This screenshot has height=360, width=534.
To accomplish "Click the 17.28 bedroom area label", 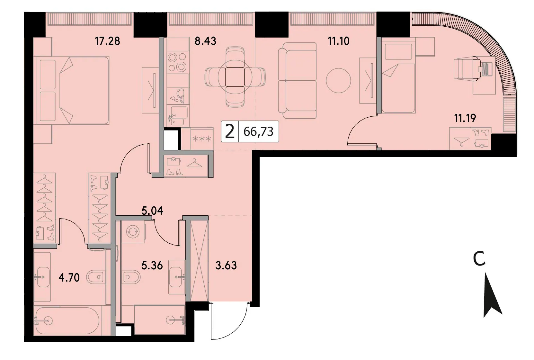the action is pos(108,41).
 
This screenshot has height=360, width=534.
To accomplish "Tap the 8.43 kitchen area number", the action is pos(205,41).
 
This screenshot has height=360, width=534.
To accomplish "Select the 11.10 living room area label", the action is pos(339,41).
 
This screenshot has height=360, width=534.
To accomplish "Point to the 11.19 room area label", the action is pos(465,118).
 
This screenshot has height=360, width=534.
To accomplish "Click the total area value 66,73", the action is pos(258,131).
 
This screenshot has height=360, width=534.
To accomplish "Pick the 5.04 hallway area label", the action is pos(152,211).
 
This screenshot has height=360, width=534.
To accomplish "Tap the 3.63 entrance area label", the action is pos(226,265).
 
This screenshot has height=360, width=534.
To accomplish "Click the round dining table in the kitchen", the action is pos(235,77).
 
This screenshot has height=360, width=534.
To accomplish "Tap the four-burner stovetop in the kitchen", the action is pos(177,62).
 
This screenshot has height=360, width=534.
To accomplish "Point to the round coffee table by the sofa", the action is pos(338,81).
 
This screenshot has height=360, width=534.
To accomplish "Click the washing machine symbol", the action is pos(133,231).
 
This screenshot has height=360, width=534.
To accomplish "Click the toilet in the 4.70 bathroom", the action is pos(96,277).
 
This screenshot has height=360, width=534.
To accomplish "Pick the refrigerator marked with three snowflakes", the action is pos(202,139).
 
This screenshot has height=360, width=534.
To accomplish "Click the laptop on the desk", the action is pos(486,69).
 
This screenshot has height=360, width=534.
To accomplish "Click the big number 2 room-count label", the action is pos(230,132).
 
